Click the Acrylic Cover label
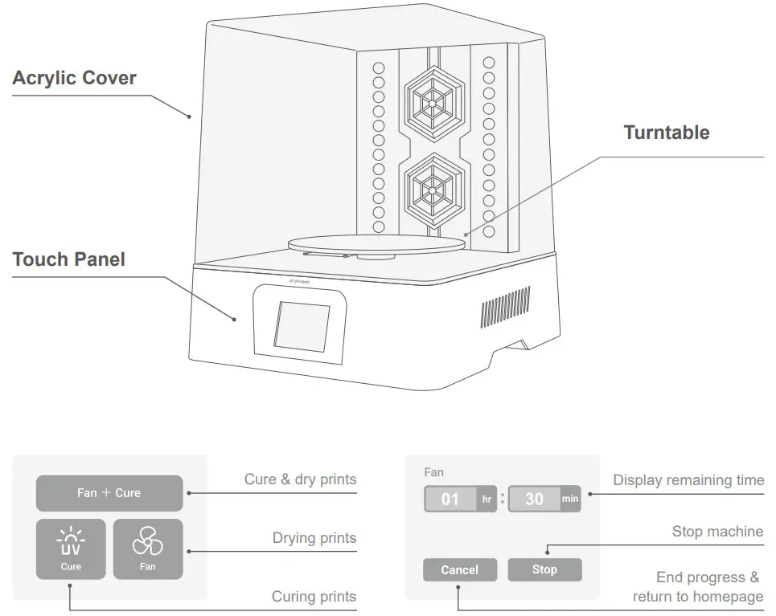[x=74, y=78]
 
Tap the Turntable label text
[x=666, y=133]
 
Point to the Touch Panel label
[x=68, y=259]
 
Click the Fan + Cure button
[x=109, y=493]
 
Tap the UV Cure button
[x=71, y=549]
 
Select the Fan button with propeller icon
[x=148, y=549]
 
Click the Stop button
[x=544, y=569]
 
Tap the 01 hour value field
[x=451, y=499]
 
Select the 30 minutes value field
[x=535, y=499]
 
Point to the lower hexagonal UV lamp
[x=431, y=189]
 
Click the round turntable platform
[x=376, y=243]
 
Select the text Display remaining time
[x=688, y=480]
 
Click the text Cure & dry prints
[x=300, y=479]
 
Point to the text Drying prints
[x=314, y=538]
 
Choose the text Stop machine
[x=717, y=532]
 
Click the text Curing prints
[x=314, y=596]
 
